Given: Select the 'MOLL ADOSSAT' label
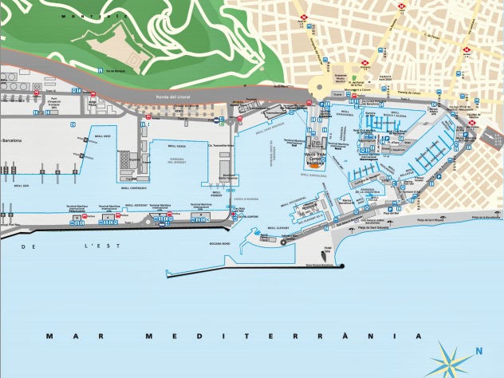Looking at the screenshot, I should coord(136,204).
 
